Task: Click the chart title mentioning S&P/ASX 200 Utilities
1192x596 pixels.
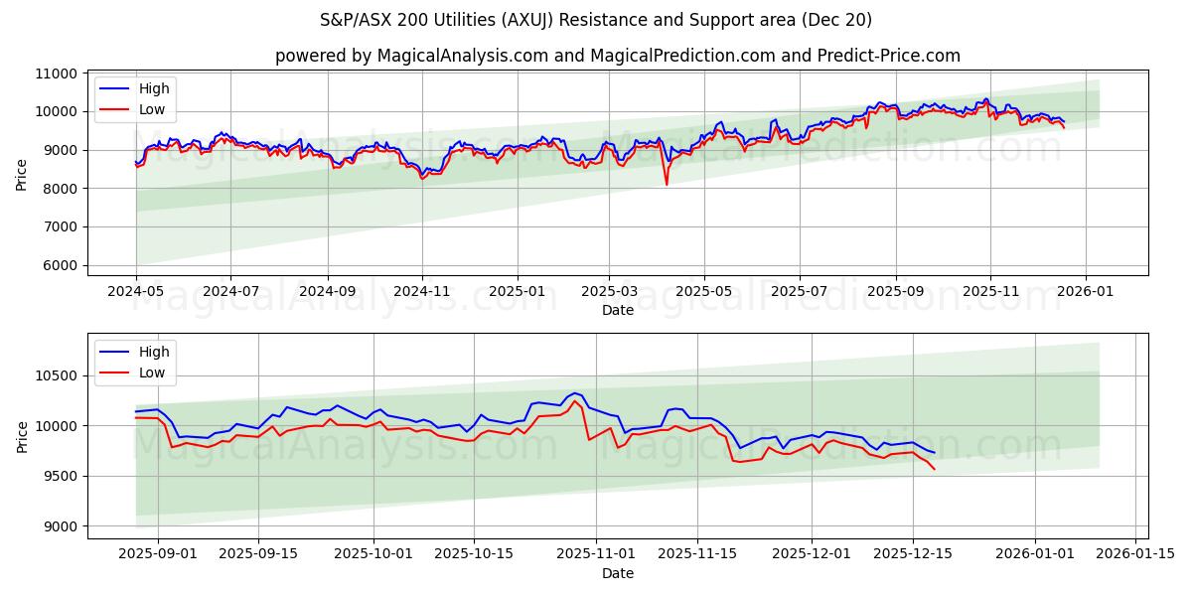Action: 596,20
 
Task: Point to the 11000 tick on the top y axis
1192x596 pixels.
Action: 57,74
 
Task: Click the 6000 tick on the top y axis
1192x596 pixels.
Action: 61,265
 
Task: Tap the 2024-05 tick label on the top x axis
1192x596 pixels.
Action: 136,292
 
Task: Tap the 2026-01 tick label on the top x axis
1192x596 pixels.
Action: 1085,292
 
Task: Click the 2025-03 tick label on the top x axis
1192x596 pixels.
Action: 609,292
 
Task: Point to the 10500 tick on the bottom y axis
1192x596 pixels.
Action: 57,375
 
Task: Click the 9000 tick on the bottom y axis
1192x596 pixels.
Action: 61,526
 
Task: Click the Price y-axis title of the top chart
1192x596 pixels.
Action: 22,174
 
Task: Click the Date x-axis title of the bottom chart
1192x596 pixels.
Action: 618,573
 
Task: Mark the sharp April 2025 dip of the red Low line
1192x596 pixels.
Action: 667,184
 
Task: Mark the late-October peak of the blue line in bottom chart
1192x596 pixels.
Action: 574,393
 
